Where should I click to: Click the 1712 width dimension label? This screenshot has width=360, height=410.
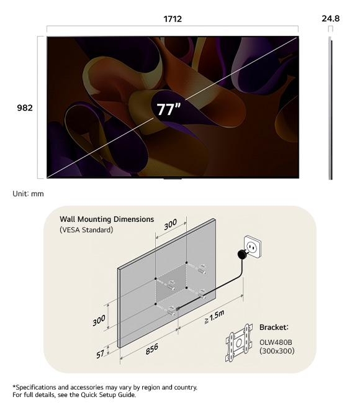pyautogui.click(x=173, y=19)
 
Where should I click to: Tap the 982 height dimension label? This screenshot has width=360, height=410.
pyautogui.click(x=25, y=107)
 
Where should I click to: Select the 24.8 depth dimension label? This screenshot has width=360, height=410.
pyautogui.click(x=330, y=19)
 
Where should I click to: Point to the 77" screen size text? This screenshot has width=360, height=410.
pyautogui.click(x=169, y=109)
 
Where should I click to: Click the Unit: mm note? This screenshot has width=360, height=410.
pyautogui.click(x=28, y=194)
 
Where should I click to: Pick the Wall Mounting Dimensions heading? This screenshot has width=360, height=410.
pyautogui.click(x=107, y=219)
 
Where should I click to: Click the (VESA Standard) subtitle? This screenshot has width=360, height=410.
pyautogui.click(x=86, y=230)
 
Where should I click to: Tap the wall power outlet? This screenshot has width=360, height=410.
pyautogui.click(x=253, y=247)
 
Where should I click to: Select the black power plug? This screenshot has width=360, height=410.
pyautogui.click(x=242, y=254)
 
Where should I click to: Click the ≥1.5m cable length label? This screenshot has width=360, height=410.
pyautogui.click(x=214, y=317)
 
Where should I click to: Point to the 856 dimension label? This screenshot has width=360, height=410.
pyautogui.click(x=152, y=349)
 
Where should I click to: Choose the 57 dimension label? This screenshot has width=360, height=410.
pyautogui.click(x=100, y=354)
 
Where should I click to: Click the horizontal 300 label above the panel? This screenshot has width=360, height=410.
pyautogui.click(x=170, y=224)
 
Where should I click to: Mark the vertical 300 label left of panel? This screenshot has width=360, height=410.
pyautogui.click(x=99, y=321)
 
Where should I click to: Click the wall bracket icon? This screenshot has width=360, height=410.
pyautogui.click(x=239, y=343)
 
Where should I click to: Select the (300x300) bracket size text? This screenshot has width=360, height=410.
pyautogui.click(x=277, y=350)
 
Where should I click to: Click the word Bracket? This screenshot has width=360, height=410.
pyautogui.click(x=273, y=327)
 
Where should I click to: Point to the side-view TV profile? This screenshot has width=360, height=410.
pyautogui.click(x=330, y=108)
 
